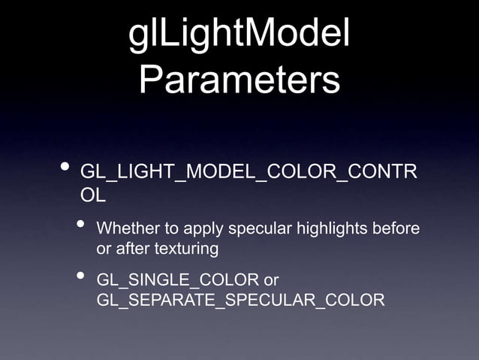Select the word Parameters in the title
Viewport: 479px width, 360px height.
239,80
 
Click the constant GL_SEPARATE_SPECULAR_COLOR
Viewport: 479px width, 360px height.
240,301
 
